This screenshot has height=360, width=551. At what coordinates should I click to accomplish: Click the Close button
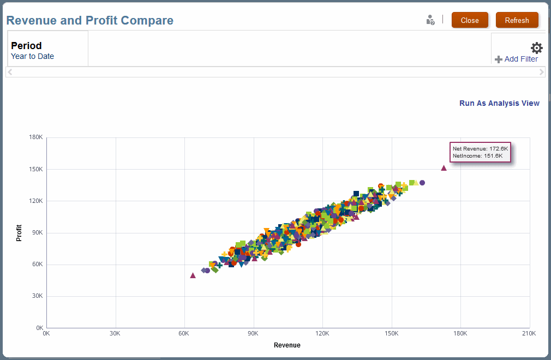point(470,20)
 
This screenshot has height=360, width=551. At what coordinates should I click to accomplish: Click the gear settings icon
point(537,48)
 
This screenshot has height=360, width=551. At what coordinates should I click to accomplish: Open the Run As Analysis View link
point(499,103)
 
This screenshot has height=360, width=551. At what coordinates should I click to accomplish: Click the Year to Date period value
point(32,56)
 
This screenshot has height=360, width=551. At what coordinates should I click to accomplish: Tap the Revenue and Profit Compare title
point(90,21)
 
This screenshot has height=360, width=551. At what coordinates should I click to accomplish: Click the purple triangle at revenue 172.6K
point(444,168)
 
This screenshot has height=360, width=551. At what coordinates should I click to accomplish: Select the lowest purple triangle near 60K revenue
point(193,275)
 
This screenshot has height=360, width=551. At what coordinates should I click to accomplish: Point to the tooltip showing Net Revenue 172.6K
point(480,152)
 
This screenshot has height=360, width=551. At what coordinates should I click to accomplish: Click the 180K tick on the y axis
point(36,137)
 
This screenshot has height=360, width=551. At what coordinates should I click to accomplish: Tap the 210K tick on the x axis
point(529,333)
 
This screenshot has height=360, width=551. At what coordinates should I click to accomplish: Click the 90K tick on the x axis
point(253,333)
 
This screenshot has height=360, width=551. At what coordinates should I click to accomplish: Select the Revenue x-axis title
point(287,345)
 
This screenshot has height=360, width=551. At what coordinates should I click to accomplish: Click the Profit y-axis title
point(19,233)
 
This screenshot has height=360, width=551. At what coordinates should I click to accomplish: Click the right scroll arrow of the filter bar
point(541,72)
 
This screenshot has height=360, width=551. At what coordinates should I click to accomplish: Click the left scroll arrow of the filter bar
point(10,72)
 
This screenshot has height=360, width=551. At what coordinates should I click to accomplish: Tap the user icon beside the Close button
point(430,20)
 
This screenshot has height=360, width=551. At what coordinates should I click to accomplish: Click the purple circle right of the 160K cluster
point(422,183)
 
